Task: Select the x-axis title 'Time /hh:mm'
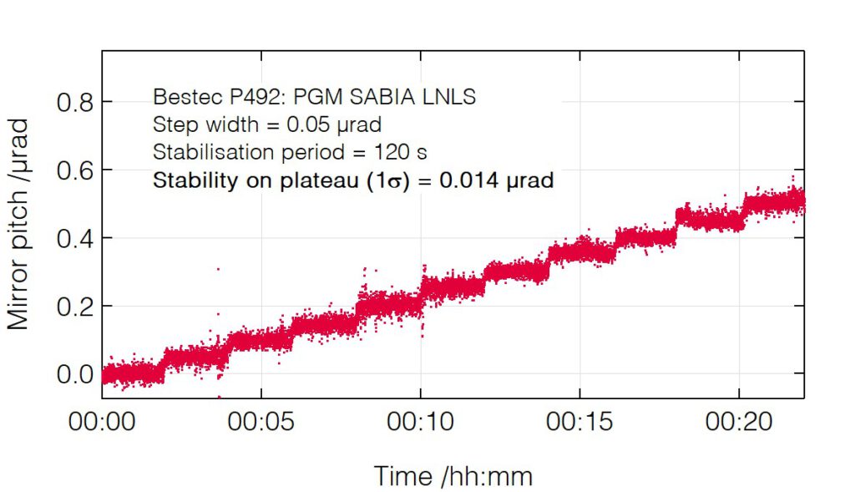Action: (x=453, y=476)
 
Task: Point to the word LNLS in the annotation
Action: (x=452, y=97)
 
